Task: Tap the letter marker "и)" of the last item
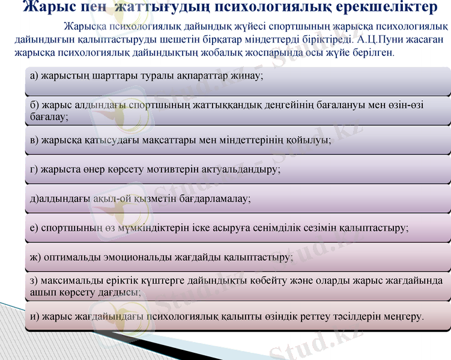point(34,316)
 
